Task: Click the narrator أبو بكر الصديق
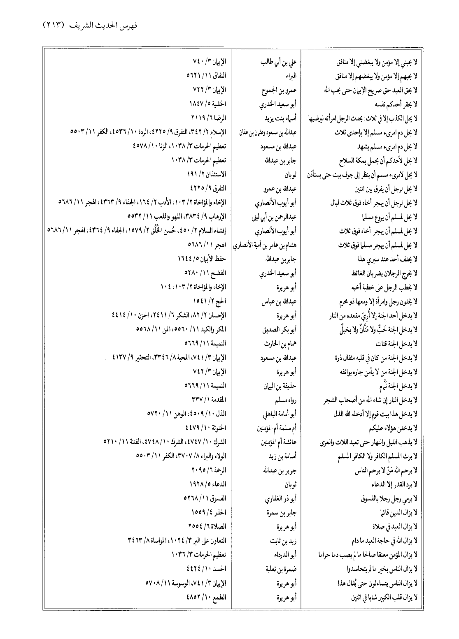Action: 279,329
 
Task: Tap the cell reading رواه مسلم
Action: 286,400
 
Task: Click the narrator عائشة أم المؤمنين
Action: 276,442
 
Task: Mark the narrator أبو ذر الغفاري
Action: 280,499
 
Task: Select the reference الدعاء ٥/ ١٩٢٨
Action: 208,484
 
